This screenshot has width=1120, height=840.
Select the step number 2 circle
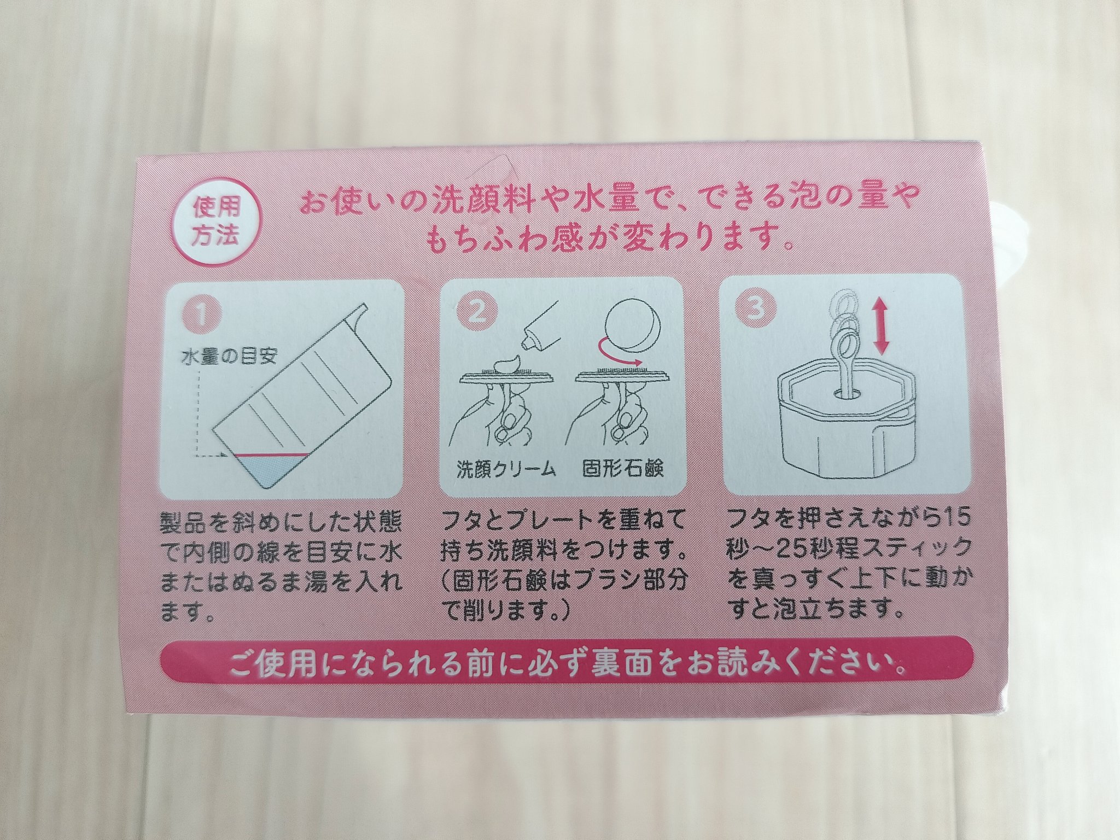click(x=475, y=315)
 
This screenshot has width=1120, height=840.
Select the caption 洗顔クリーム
click(x=506, y=470)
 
